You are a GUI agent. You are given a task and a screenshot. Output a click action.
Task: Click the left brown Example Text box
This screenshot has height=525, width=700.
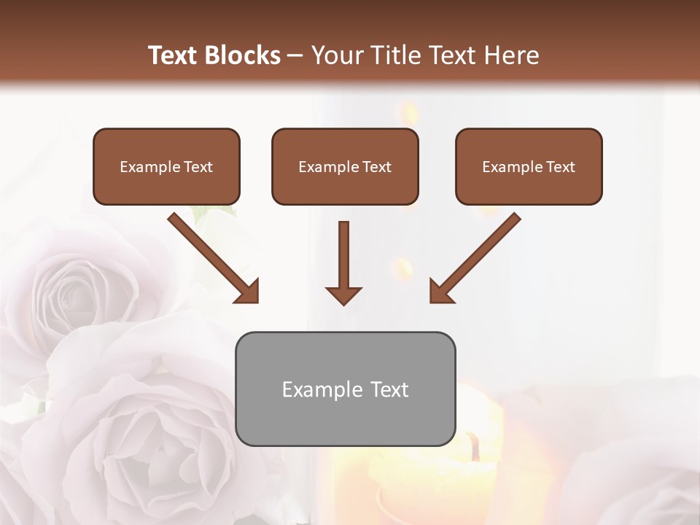point(166,166)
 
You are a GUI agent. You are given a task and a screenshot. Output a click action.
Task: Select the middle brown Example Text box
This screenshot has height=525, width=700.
point(345,166)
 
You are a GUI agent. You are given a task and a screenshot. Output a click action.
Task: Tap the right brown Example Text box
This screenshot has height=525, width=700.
point(529,166)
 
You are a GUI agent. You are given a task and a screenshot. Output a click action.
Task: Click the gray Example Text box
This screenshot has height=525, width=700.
point(345,389)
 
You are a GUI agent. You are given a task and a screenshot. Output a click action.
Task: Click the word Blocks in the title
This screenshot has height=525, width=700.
point(244,55)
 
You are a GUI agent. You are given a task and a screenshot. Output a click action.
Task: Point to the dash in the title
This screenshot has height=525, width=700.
point(295,55)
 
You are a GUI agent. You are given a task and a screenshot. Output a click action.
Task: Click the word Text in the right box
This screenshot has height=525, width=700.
point(560,167)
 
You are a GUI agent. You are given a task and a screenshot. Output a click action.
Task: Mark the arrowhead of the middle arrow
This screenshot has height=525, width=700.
point(343,295)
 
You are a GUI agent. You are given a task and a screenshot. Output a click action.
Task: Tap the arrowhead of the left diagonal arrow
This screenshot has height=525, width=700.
point(248,292)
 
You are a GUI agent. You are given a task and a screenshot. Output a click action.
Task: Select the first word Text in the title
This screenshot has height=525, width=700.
point(175,55)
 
